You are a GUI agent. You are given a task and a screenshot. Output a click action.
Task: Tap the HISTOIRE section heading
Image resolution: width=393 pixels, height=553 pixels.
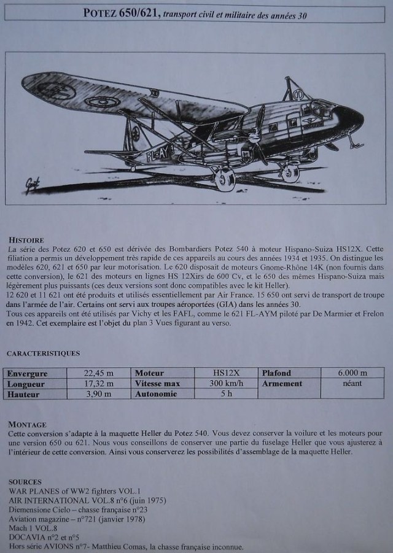click(x=26, y=239)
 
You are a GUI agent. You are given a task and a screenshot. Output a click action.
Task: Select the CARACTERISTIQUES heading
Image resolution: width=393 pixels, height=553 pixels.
click(x=43, y=354)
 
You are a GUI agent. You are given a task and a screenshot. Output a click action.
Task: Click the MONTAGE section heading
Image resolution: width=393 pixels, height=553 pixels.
click(x=27, y=424)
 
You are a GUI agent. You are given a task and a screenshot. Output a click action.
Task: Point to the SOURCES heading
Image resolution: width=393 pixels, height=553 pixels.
click(x=25, y=482)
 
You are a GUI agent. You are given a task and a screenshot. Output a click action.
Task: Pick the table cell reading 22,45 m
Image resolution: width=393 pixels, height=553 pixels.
click(x=98, y=373)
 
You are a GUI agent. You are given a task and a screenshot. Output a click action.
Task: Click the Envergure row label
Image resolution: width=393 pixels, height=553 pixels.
click(x=27, y=373)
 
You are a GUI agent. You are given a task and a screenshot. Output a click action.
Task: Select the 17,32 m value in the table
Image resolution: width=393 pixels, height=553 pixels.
click(x=98, y=384)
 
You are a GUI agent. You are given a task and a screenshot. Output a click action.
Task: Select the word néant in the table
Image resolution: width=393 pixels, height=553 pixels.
click(x=352, y=384)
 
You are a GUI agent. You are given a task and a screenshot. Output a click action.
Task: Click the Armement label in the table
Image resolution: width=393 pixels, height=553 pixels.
click(x=282, y=384)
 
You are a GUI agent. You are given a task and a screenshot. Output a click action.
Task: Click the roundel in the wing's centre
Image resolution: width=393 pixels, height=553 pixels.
click(x=100, y=101)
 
